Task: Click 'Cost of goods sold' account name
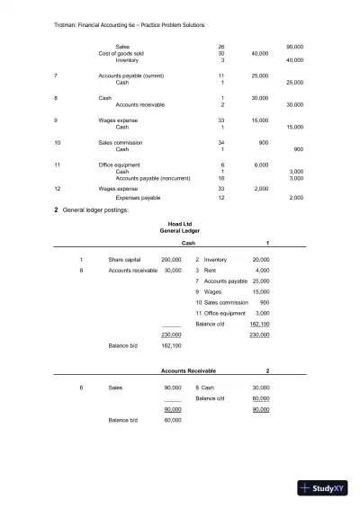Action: tap(121, 53)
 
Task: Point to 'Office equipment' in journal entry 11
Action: tap(121, 165)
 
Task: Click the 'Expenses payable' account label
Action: tap(138, 197)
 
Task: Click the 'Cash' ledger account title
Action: tap(189, 243)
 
